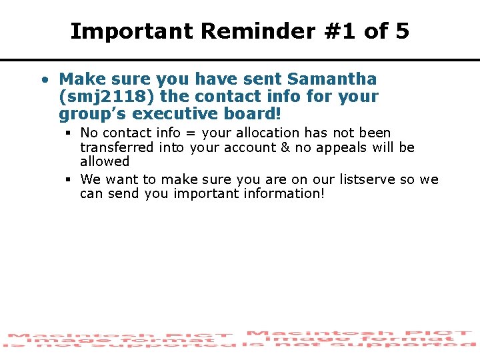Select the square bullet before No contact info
pos(69,133)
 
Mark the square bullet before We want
pos(69,180)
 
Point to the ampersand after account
pos(285,147)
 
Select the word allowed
pos(105,161)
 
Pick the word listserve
pos(369,179)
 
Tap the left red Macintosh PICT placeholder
pos(120,340)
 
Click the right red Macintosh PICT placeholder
pos(361,338)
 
